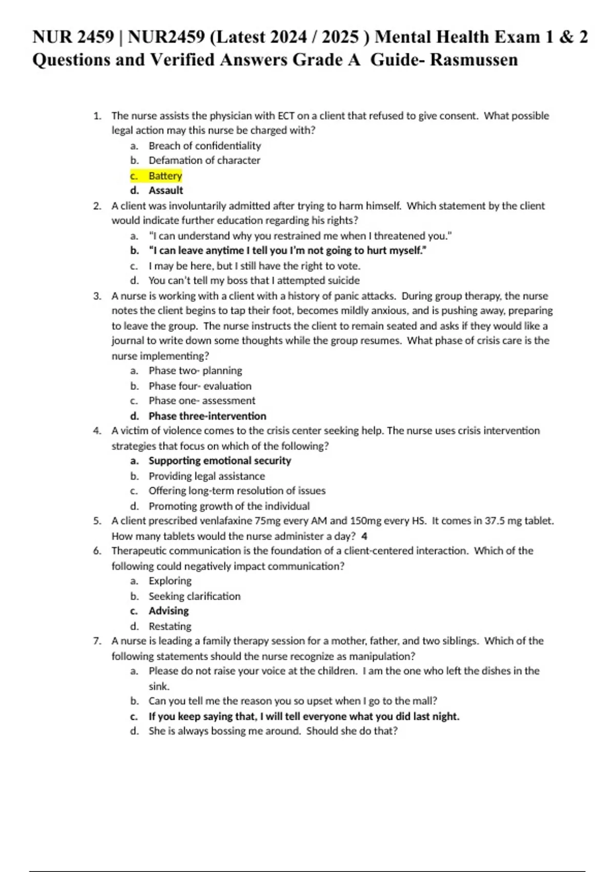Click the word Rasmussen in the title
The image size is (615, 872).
pyautogui.click(x=474, y=60)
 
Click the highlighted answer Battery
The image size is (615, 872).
pyautogui.click(x=165, y=176)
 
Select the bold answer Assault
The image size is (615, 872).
pyautogui.click(x=166, y=191)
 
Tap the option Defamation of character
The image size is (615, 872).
pyautogui.click(x=204, y=161)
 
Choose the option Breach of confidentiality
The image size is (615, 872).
pyautogui.click(x=204, y=146)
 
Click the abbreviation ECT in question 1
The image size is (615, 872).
pyautogui.click(x=286, y=116)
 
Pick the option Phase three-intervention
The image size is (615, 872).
pyautogui.click(x=207, y=416)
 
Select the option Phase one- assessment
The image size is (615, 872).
pyautogui.click(x=201, y=401)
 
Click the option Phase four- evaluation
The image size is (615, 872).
pyautogui.click(x=200, y=386)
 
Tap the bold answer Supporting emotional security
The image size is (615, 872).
pyautogui.click(x=219, y=461)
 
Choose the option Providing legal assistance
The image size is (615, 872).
pyautogui.click(x=207, y=476)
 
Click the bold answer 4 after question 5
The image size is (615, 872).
pyautogui.click(x=364, y=537)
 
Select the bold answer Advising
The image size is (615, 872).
pyautogui.click(x=169, y=611)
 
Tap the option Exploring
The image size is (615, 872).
pyautogui.click(x=170, y=581)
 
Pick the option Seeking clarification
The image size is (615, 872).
pyautogui.click(x=194, y=596)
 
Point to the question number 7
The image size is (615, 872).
pyautogui.click(x=97, y=641)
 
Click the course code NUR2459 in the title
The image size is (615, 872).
pyautogui.click(x=166, y=37)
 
